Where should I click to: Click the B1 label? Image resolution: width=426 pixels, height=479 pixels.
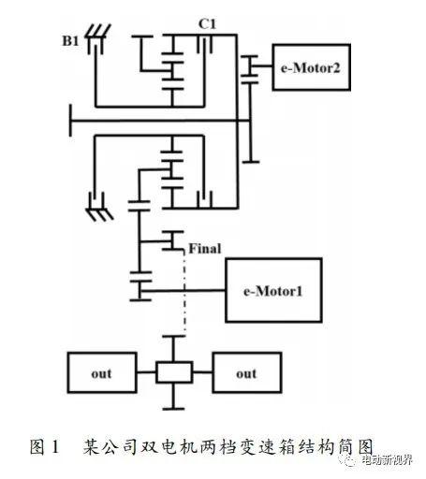(x=70, y=41)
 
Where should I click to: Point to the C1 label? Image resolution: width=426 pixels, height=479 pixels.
(x=207, y=24)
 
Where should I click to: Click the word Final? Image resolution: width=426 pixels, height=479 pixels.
(x=205, y=249)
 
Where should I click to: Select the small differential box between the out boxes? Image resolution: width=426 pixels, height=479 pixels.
(x=174, y=372)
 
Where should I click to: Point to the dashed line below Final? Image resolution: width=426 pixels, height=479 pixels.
(x=184, y=293)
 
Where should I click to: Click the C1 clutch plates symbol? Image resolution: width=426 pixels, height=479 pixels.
(x=205, y=45)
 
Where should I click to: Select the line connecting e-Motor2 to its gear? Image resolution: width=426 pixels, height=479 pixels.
(x=264, y=65)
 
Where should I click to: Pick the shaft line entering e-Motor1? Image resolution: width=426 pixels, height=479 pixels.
(x=183, y=291)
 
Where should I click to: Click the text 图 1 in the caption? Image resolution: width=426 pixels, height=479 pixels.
(x=44, y=446)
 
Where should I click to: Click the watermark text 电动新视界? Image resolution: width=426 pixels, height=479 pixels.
(x=387, y=460)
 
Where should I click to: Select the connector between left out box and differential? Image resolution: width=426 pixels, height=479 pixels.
(x=146, y=372)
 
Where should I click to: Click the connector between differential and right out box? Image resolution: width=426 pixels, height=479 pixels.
(x=202, y=372)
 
